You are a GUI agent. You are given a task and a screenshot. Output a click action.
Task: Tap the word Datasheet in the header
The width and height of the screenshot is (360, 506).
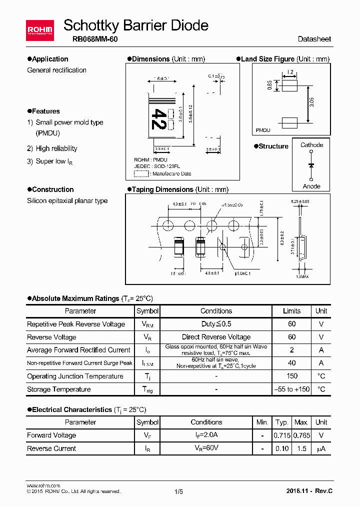(314, 39)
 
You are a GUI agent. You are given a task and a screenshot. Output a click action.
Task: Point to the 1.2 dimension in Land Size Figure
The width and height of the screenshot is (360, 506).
(290, 72)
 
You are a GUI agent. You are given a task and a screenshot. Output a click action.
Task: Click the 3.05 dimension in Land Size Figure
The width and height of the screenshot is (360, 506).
(311, 104)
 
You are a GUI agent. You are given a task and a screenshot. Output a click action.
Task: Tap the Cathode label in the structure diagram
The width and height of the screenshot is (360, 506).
(311, 145)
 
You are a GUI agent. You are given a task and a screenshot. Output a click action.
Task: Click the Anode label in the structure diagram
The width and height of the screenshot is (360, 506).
(311, 186)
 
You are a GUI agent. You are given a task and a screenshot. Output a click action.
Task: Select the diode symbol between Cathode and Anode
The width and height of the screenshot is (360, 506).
(311, 164)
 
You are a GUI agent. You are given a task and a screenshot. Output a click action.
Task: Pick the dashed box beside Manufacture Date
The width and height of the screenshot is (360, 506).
(141, 173)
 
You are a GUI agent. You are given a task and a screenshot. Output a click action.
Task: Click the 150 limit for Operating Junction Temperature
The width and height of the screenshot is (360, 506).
(292, 376)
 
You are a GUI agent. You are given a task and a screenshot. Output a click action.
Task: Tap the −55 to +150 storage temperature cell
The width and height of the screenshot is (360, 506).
(292, 389)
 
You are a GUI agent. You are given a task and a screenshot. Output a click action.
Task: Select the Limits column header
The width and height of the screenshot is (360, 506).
(292, 310)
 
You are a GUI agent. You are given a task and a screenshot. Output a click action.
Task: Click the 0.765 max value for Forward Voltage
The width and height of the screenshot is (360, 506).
(301, 435)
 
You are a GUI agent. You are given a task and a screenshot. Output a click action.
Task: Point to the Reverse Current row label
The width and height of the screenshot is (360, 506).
(51, 448)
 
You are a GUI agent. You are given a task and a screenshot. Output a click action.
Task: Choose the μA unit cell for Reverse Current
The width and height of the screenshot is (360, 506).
(321, 448)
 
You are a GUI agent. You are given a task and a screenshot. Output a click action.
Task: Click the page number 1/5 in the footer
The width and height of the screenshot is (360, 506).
(178, 491)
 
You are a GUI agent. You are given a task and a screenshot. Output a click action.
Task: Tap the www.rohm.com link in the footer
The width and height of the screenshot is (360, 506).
(43, 485)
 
